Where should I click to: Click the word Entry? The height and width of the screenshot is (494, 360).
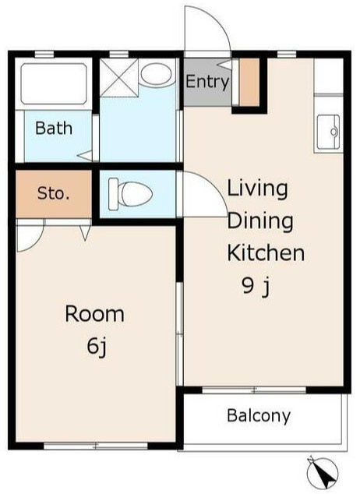(x=207, y=82)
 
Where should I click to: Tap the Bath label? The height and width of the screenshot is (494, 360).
(x=54, y=129)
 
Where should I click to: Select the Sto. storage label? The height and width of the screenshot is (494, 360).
(x=53, y=193)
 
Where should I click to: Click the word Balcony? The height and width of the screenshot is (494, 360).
(x=259, y=416)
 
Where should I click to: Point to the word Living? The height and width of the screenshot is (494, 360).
(x=258, y=189)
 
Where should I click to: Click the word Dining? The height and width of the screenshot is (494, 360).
(x=260, y=221)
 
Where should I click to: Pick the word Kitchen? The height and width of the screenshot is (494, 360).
(x=266, y=252)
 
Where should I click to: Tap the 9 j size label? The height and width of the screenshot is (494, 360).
(x=256, y=287)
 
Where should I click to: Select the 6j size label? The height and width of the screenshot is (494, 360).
(x=97, y=347)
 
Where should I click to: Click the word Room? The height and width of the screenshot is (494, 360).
(x=94, y=314)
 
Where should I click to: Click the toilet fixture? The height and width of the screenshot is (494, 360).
(x=130, y=194)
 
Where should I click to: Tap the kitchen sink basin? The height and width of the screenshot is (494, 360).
(x=329, y=132)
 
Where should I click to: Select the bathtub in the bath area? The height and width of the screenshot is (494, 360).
(x=54, y=84)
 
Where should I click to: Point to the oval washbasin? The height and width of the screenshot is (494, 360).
(x=156, y=74)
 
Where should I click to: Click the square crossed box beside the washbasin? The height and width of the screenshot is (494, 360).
(x=118, y=77)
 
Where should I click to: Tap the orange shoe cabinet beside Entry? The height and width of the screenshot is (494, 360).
(x=249, y=82)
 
